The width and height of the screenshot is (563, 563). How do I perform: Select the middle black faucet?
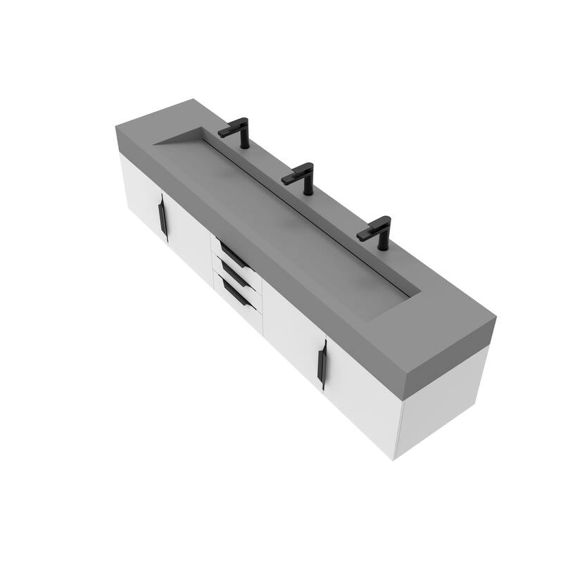(x=303, y=177)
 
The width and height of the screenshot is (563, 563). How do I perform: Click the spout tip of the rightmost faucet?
(x=361, y=236)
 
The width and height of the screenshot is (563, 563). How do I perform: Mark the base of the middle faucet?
(x=308, y=191)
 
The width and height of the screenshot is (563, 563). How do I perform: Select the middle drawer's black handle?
(x=234, y=275)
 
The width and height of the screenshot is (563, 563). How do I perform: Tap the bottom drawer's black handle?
(x=236, y=294)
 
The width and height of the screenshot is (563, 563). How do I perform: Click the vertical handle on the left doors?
(x=163, y=217)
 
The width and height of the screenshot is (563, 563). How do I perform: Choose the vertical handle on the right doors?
(x=322, y=365)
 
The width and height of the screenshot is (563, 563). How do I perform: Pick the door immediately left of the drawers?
(x=189, y=236)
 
